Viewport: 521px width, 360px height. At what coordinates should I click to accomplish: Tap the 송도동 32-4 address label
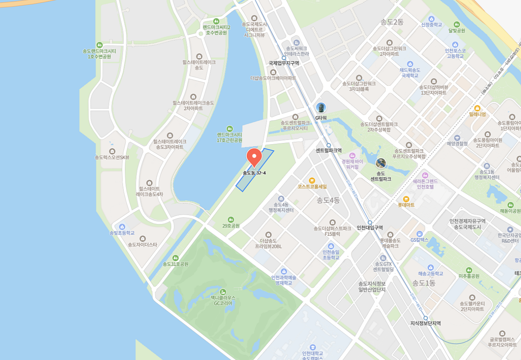point(254,173)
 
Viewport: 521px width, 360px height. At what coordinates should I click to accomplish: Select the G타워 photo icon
point(321,107)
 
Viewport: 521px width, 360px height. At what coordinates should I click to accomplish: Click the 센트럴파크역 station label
point(329,151)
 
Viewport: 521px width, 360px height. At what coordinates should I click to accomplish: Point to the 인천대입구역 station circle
point(370,223)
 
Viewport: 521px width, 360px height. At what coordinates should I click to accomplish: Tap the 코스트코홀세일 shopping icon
point(312,180)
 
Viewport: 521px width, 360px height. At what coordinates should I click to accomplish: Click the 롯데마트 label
point(406,205)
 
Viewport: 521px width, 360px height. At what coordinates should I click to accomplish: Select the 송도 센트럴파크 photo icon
point(381,163)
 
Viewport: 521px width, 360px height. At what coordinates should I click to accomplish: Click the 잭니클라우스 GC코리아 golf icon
point(223,292)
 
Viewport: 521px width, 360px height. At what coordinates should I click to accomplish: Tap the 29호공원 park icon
point(231,219)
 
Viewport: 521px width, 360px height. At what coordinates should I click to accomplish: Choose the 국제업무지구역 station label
point(284,63)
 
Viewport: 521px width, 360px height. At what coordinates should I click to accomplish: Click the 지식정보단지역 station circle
point(425,318)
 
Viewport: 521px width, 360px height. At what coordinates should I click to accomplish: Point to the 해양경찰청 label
point(457,143)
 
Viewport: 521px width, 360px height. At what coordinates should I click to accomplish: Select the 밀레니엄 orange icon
point(477,108)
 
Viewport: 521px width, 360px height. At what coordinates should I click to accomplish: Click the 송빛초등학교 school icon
point(122,227)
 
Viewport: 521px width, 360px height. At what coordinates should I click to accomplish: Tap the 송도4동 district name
point(328,200)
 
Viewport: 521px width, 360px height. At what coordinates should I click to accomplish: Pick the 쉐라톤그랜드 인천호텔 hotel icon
point(425,175)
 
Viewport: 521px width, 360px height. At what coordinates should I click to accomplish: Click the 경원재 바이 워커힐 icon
point(352,155)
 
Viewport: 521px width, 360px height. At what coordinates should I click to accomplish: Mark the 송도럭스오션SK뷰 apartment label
point(112,157)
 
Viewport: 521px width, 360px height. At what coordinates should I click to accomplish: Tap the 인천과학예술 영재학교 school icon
point(284,272)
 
